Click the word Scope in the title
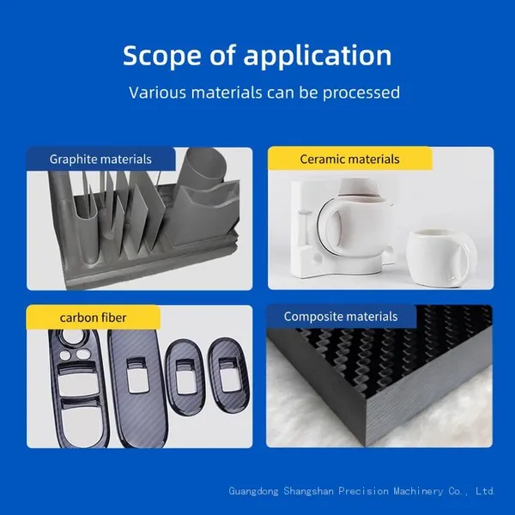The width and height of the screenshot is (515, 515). (161, 55)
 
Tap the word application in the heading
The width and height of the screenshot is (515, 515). (318, 57)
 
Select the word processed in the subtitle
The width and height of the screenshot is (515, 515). (361, 93)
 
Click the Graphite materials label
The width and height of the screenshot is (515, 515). (100, 160)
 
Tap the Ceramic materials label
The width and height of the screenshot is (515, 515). (349, 160)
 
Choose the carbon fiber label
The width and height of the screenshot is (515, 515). (93, 318)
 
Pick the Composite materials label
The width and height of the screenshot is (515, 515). (341, 317)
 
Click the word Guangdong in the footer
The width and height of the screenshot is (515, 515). (253, 491)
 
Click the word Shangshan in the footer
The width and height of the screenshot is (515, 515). (308, 491)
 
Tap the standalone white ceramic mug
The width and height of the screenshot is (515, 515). (441, 257)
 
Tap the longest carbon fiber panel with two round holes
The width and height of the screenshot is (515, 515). (78, 388)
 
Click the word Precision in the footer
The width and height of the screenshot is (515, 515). (363, 491)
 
